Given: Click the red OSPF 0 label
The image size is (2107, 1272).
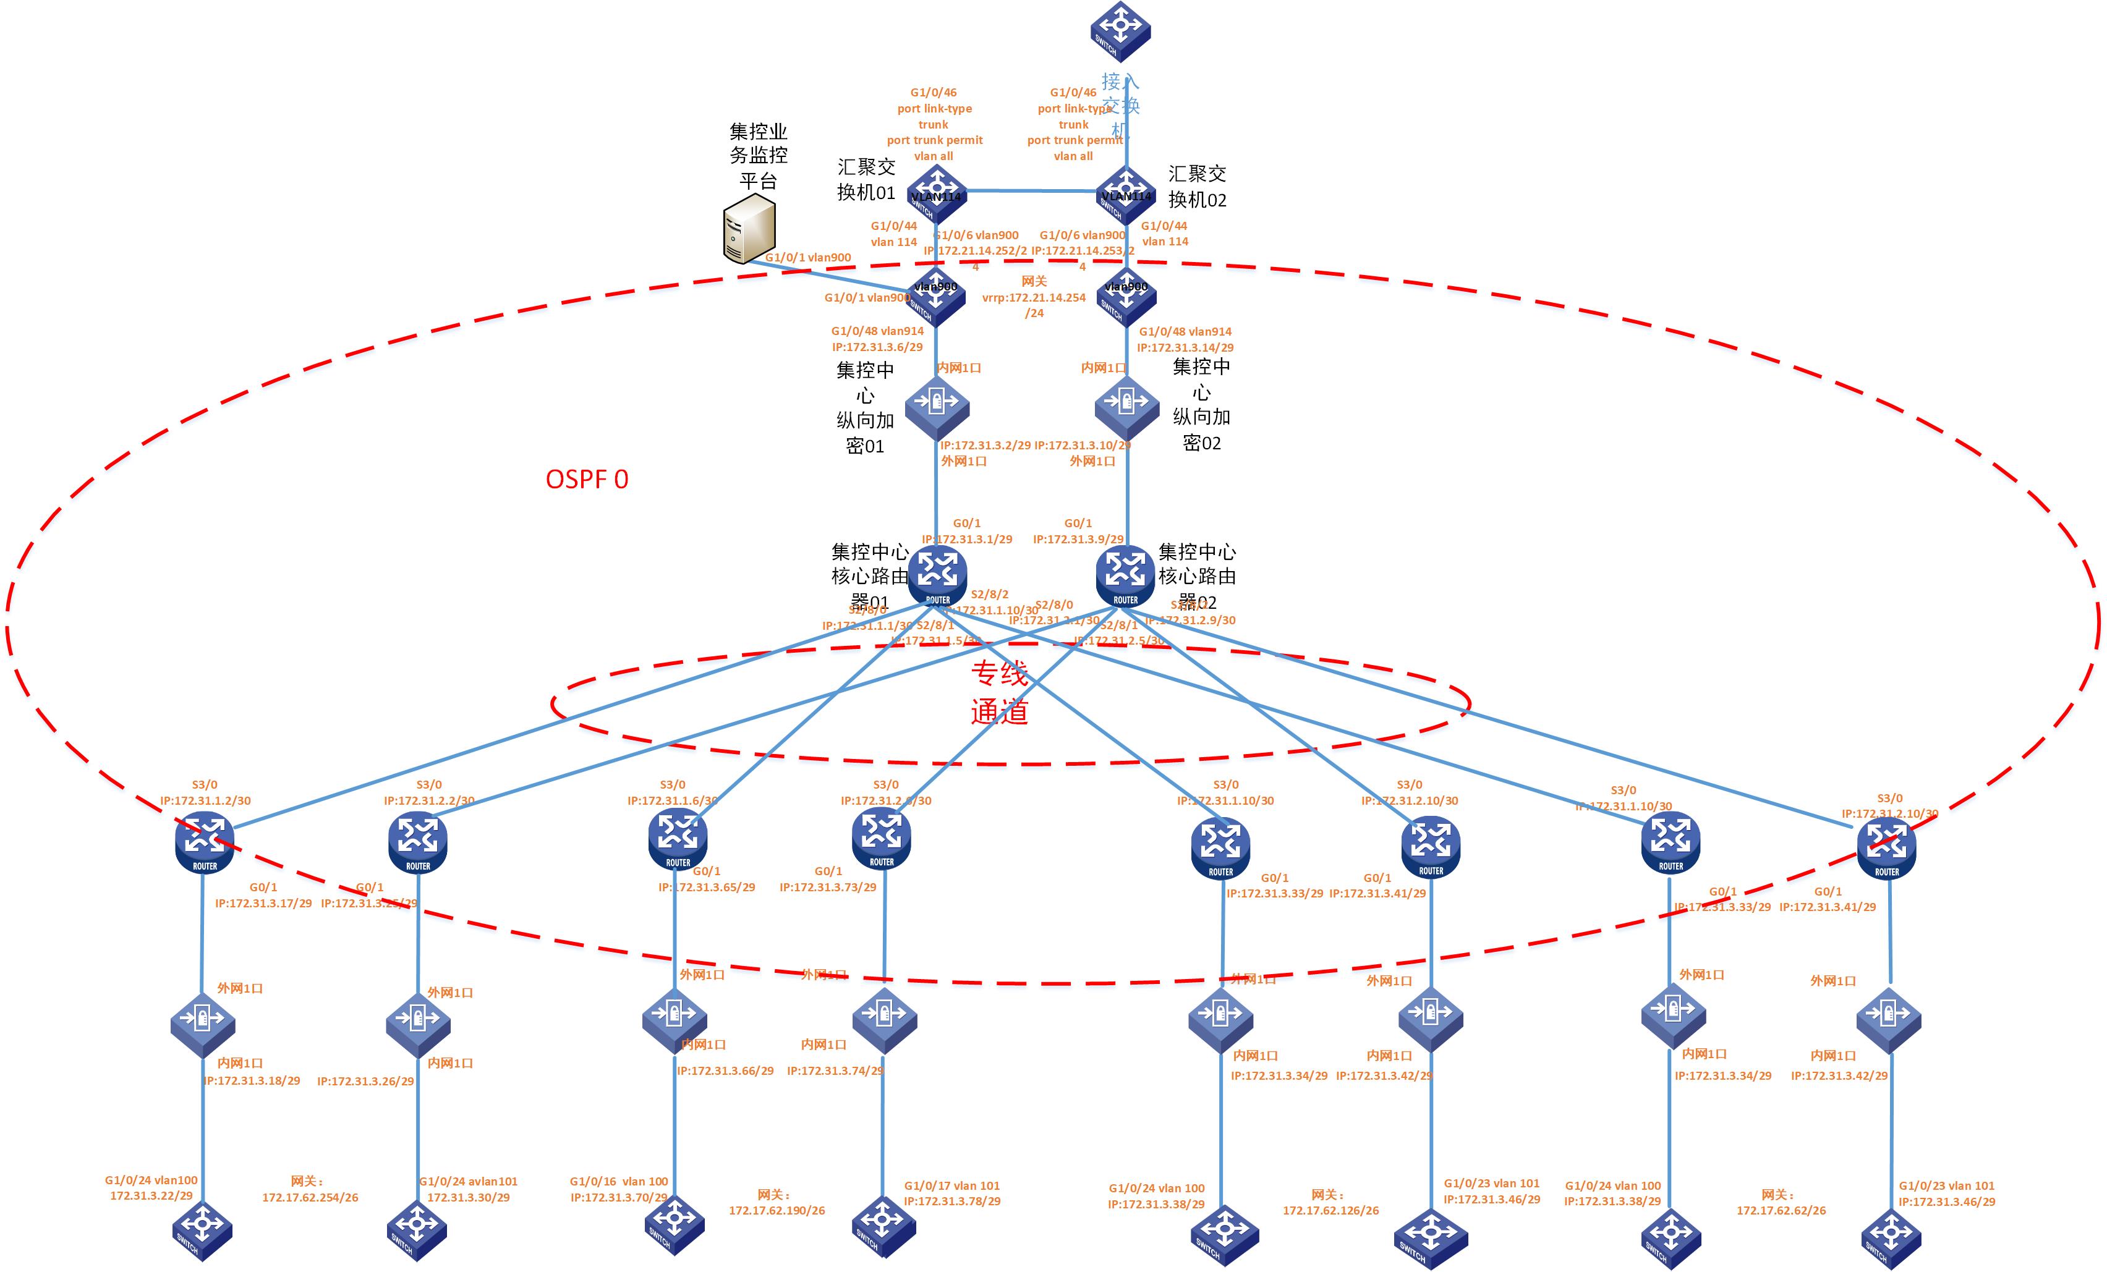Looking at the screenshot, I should coord(587,480).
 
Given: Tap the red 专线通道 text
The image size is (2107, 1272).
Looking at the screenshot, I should coord(998,692).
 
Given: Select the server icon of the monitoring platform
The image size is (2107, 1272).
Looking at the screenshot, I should coord(749,228).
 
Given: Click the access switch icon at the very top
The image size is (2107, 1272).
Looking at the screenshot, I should coord(1120,31).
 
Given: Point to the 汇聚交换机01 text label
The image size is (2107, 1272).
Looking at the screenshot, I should coord(866,179).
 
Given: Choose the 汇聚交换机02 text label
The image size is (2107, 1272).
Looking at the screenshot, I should coord(1197,187).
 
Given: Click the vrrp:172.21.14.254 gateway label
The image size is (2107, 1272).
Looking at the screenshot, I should coord(1034,297).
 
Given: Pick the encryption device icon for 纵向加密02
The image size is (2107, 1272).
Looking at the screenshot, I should coord(1127,405).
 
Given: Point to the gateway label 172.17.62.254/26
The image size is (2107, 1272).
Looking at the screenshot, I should coord(310,1197).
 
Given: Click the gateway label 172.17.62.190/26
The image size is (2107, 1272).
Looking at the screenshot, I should coord(777,1210).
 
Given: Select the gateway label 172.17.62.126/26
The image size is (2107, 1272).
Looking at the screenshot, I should coord(1330,1210).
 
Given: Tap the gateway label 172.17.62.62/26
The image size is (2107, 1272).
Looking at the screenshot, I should coord(1781,1210).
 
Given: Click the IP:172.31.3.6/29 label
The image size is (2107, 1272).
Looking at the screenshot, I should coord(877,347).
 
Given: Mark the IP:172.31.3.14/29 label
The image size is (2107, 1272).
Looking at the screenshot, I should coord(1185,347).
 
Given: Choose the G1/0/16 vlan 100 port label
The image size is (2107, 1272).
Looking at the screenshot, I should coord(618,1181).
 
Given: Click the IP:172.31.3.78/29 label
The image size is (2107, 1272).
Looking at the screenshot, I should coord(951,1201).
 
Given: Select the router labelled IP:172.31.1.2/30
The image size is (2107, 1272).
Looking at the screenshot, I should coord(205,842).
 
